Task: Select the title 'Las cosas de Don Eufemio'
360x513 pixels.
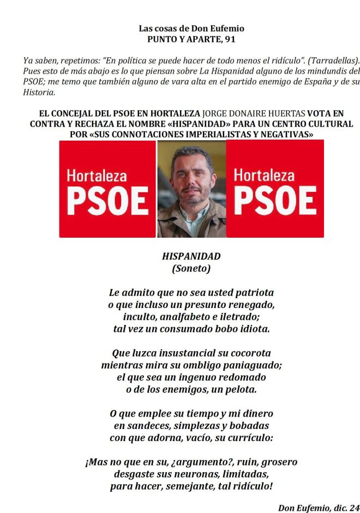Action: click(191, 28)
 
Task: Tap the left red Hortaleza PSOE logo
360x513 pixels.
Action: click(107, 189)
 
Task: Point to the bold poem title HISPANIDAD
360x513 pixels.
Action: click(191, 256)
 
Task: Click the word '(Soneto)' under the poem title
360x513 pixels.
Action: click(191, 268)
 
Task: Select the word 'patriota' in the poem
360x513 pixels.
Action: click(253, 292)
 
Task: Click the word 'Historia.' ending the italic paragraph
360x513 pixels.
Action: click(39, 93)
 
